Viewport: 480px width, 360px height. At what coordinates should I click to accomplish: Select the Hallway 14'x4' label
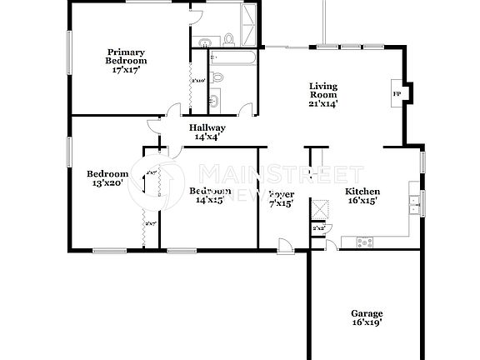(210, 132)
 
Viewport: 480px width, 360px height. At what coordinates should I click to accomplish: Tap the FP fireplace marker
(396, 93)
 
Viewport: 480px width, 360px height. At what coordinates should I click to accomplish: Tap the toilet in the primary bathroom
(227, 37)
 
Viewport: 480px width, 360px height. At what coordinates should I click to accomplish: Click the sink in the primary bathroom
(204, 41)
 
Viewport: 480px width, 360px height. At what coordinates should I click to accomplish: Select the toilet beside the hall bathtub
(217, 77)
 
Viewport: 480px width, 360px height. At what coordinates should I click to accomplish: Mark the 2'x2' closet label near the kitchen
(318, 227)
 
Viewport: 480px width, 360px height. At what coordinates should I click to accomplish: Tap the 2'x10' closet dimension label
(198, 81)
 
